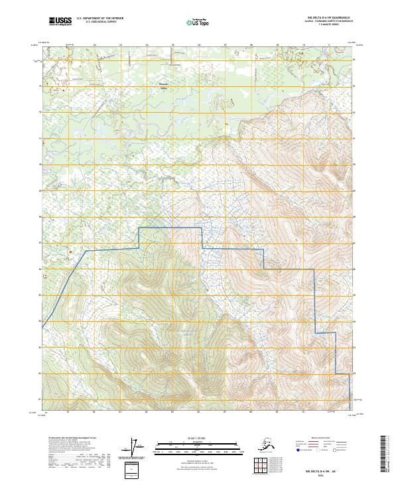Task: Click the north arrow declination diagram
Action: [139, 447]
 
